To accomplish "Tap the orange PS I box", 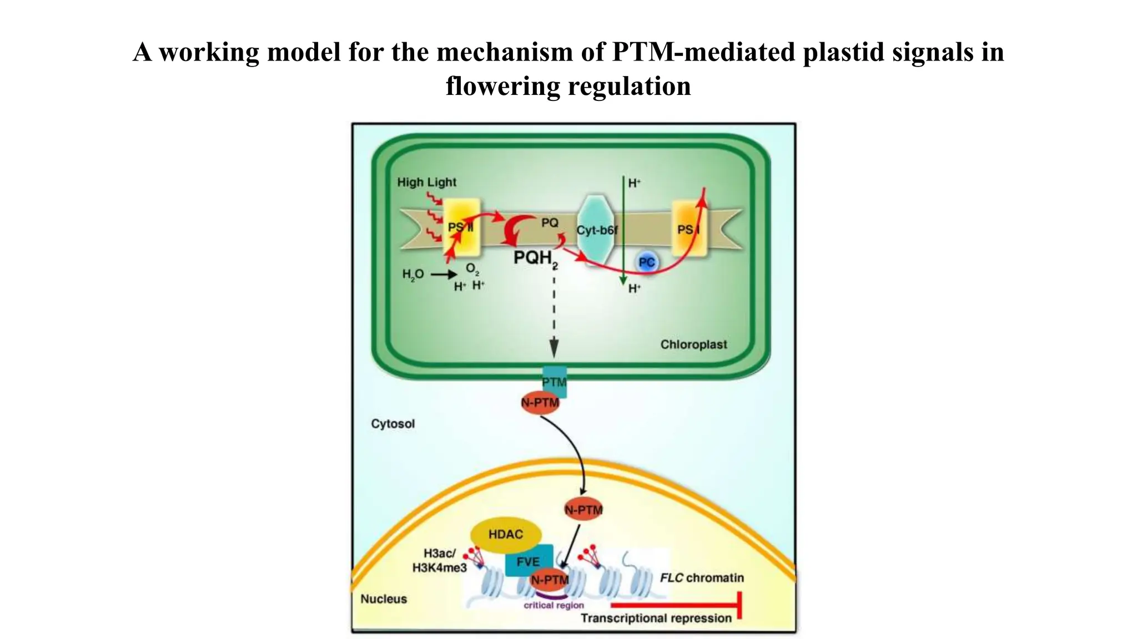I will click(x=689, y=229).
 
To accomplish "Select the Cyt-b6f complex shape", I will click(x=596, y=230).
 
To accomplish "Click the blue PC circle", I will click(x=647, y=262).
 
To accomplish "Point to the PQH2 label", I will click(x=535, y=258).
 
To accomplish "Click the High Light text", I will click(x=426, y=182).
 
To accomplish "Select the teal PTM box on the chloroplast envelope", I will click(x=555, y=381).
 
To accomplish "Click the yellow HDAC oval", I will click(x=505, y=534).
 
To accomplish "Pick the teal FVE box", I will click(x=528, y=560).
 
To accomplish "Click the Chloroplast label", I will click(x=693, y=344).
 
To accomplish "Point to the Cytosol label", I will click(x=393, y=424).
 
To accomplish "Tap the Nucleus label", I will click(x=384, y=599).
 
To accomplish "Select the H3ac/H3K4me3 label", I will click(x=439, y=560).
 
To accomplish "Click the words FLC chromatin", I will click(x=702, y=578).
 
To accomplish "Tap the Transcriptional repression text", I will click(x=656, y=618).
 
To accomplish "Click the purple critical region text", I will click(x=554, y=605).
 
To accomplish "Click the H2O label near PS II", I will click(x=412, y=274).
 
